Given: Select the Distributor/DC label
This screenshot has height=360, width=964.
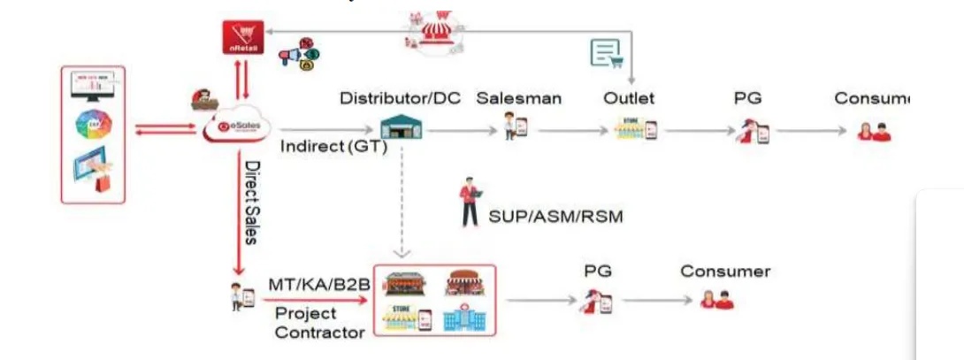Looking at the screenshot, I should (x=400, y=98).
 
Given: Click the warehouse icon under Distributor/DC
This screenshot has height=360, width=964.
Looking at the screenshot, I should (x=401, y=129).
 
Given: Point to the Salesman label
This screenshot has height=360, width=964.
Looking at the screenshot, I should (x=518, y=98).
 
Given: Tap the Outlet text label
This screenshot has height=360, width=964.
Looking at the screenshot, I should (x=629, y=98).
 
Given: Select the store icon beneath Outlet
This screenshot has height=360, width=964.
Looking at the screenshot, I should (x=635, y=130).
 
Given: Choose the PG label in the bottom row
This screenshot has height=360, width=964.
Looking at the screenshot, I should (x=598, y=271).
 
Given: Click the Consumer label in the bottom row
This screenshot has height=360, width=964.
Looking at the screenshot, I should (x=725, y=271).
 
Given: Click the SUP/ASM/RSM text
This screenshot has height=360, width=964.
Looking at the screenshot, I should (x=555, y=215).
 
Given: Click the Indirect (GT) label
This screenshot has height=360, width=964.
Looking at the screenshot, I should (x=333, y=147).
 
